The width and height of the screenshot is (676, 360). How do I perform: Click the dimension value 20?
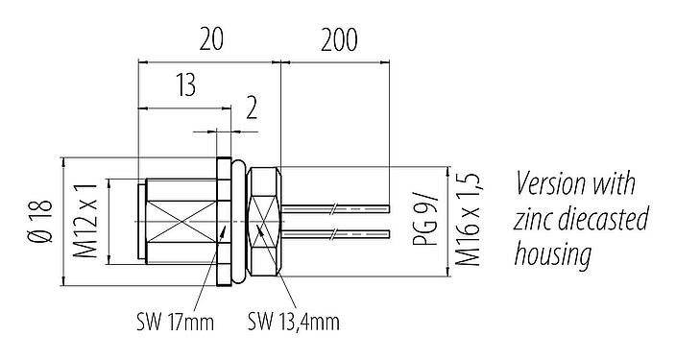pyautogui.click(x=211, y=39)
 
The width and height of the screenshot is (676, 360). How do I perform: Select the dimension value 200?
pyautogui.click(x=335, y=39)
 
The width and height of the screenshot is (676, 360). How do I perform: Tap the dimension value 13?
pyautogui.click(x=184, y=86)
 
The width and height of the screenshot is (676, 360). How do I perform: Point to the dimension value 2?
pyautogui.click(x=251, y=108)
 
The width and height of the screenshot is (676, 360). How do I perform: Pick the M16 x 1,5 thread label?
pyautogui.click(x=468, y=222)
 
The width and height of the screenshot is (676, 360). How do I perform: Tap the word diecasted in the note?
pyautogui.click(x=602, y=220)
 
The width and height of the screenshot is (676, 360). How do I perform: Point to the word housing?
pyautogui.click(x=552, y=255)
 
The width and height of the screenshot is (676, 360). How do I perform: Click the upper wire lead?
pyautogui.click(x=336, y=207)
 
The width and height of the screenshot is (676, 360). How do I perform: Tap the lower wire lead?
pyautogui.click(x=336, y=233)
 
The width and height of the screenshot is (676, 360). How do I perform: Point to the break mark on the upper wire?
pyautogui.click(x=332, y=207)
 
